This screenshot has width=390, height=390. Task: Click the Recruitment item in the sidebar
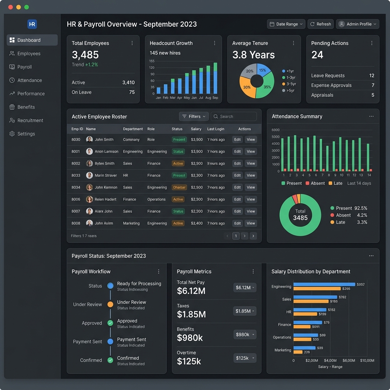coord(30,120)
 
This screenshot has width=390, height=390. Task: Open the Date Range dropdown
coord(286,24)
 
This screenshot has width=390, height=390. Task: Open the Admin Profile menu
coord(357,24)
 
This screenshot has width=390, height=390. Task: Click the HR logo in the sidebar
coord(32,24)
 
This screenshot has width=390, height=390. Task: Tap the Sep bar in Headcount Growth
coord(215,78)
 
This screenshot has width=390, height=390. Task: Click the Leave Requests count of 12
coord(372,75)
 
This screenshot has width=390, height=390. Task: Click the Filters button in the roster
coord(194,117)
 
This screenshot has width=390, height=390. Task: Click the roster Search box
coord(234,117)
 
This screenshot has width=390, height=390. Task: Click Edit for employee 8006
coord(237,199)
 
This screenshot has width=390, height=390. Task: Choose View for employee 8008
coord(251,223)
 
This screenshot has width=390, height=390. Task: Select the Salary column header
coord(196,129)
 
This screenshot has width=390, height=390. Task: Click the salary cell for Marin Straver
coord(197,176)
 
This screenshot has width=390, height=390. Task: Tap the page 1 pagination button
coord(236,236)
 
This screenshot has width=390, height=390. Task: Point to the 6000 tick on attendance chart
coord(275,130)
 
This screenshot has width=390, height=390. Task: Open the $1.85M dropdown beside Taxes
coord(245,311)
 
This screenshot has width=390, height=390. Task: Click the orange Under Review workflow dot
coord(110,304)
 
